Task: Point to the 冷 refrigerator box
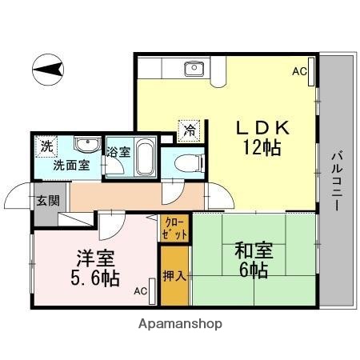coord(190,128)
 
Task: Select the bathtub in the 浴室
coord(144,157)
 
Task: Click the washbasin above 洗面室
coord(87,145)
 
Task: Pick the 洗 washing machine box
coord(46,146)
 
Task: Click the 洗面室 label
coord(70,166)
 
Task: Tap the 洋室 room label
coord(94,258)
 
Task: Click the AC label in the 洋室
coord(140,291)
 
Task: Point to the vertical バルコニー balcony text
coord(337,179)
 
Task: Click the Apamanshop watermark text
coord(180,325)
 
